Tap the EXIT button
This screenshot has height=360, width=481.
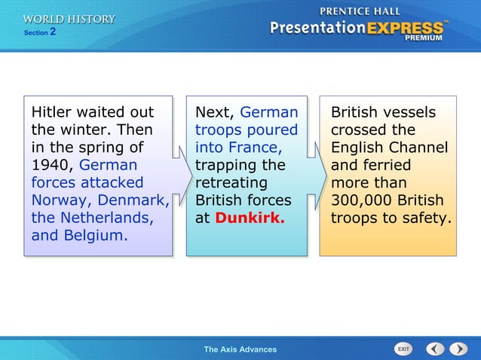403,349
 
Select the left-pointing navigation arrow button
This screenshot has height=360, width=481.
435,349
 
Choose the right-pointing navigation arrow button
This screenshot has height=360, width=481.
458,349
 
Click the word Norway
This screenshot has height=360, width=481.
58,201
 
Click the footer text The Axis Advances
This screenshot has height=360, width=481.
240,349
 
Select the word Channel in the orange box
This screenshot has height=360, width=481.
422,148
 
